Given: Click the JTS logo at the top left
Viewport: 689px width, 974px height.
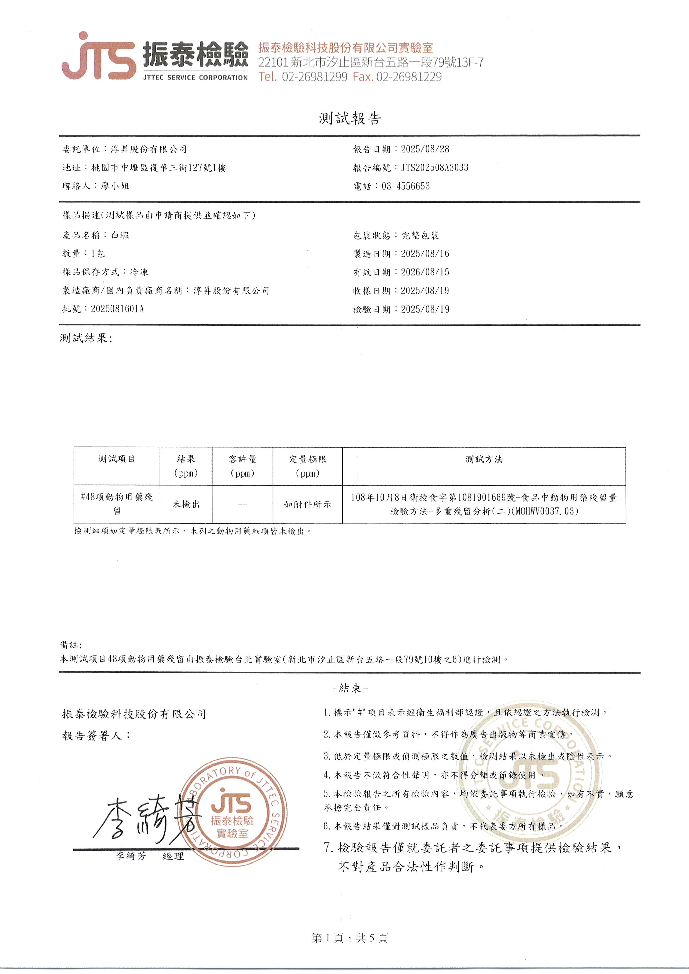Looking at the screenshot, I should pyautogui.click(x=99, y=56).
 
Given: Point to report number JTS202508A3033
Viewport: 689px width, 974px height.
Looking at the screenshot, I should pyautogui.click(x=435, y=168).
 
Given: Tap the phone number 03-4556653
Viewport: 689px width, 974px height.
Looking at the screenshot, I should pyautogui.click(x=406, y=187).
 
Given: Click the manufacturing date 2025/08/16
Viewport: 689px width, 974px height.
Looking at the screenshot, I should pyautogui.click(x=425, y=254).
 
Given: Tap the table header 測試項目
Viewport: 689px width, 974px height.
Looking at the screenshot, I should pyautogui.click(x=117, y=459).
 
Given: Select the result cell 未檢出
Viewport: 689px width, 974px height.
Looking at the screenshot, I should pyautogui.click(x=186, y=504).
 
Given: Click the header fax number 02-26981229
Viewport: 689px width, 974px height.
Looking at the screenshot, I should pyautogui.click(x=409, y=77).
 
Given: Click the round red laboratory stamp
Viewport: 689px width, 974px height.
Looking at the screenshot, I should pyautogui.click(x=233, y=813).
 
